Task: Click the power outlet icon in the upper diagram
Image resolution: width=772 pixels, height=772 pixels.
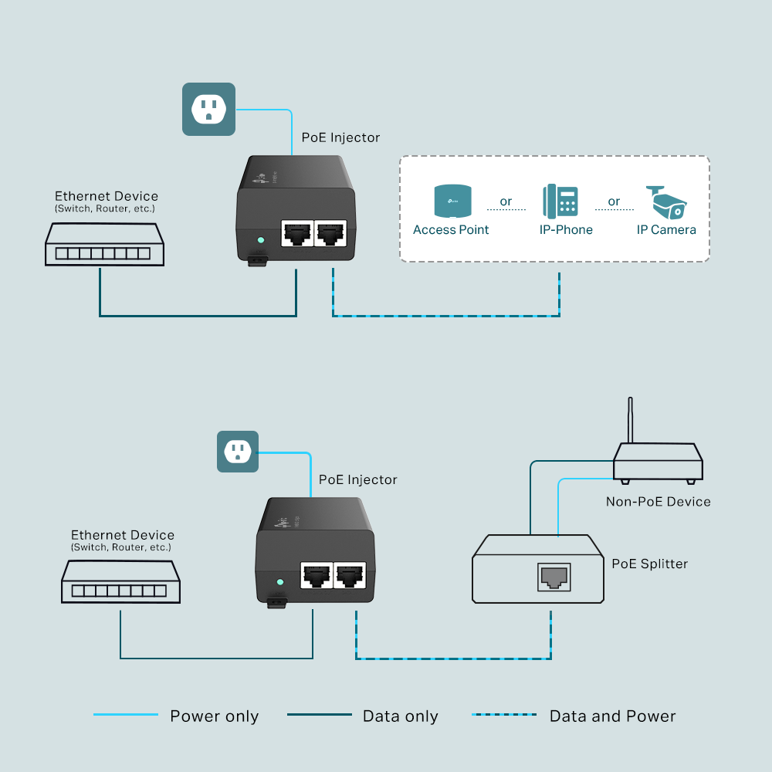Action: click(x=208, y=109)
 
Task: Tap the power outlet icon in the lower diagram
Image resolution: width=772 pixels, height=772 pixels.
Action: click(x=237, y=452)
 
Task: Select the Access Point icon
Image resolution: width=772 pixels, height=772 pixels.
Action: click(x=451, y=201)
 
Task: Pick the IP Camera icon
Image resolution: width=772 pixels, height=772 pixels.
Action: click(x=666, y=201)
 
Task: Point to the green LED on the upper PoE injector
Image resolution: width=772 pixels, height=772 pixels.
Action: click(x=261, y=240)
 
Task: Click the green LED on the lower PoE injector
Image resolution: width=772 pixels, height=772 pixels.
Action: click(x=280, y=582)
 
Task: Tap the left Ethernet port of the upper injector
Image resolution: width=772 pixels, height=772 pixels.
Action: click(x=297, y=232)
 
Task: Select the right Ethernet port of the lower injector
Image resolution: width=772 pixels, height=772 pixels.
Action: click(x=349, y=574)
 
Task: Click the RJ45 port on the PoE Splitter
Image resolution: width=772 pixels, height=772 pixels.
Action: click(x=553, y=577)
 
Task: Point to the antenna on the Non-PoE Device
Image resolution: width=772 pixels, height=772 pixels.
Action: click(x=631, y=420)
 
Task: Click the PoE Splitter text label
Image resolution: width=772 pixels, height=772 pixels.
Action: click(x=648, y=564)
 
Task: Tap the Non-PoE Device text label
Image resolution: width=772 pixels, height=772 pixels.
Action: click(x=658, y=502)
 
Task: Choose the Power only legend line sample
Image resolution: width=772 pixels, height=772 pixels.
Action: click(x=126, y=715)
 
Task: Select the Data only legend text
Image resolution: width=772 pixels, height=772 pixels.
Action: click(x=400, y=716)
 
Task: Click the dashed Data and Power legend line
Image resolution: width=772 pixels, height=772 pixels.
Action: click(x=504, y=715)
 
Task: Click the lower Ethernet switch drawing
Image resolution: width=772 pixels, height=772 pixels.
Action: click(x=121, y=582)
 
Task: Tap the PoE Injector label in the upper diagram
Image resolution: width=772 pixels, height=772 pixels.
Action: click(x=340, y=137)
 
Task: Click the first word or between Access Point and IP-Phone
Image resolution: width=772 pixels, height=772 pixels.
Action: click(x=506, y=201)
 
